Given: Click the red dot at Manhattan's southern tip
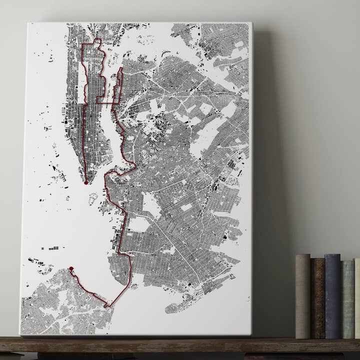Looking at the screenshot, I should [x=86, y=183].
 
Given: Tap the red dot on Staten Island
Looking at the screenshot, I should [x=71, y=269].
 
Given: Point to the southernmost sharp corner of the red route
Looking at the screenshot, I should [x=106, y=306].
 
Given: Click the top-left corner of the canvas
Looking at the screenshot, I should [x=29, y=23].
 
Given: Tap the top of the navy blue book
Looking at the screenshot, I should [x=332, y=256].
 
